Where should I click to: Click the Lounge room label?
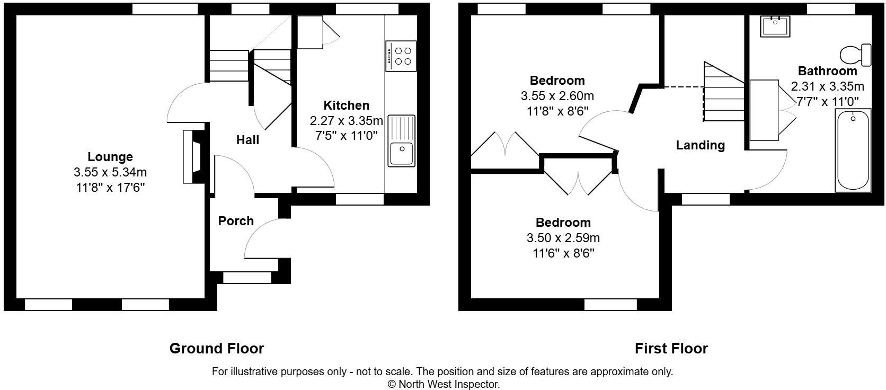[x=110, y=157]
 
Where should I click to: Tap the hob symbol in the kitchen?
[x=401, y=56]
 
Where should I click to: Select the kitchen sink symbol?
[x=402, y=141]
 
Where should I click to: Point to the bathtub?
[x=853, y=150]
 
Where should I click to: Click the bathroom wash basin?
[x=775, y=26]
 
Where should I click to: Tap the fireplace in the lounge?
[x=192, y=157]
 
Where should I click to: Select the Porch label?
[x=236, y=221]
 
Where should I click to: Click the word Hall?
[x=247, y=140]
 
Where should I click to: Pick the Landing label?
[x=700, y=145]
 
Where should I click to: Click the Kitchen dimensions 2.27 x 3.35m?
[x=346, y=121]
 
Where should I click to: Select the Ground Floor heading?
[x=216, y=349]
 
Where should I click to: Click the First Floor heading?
[x=671, y=349]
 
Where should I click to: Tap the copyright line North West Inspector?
[x=443, y=384]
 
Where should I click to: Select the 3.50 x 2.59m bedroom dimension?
[x=562, y=238]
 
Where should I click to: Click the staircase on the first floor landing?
[x=723, y=93]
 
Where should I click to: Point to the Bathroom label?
[x=827, y=71]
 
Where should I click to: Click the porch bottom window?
[x=247, y=277]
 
